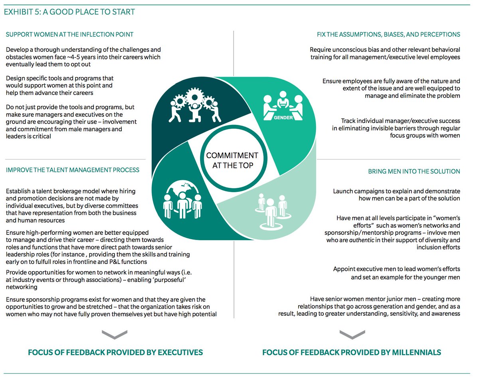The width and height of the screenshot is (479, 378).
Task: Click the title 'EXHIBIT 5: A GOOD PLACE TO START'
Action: (69, 12)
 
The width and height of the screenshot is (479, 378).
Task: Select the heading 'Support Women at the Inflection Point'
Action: (69, 35)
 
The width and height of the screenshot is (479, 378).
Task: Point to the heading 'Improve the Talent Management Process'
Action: (73, 170)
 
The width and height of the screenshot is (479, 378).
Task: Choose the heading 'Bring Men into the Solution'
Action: (414, 171)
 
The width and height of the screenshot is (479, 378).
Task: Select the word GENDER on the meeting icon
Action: (283, 118)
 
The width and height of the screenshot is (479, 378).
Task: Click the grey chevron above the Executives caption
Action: (115, 335)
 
